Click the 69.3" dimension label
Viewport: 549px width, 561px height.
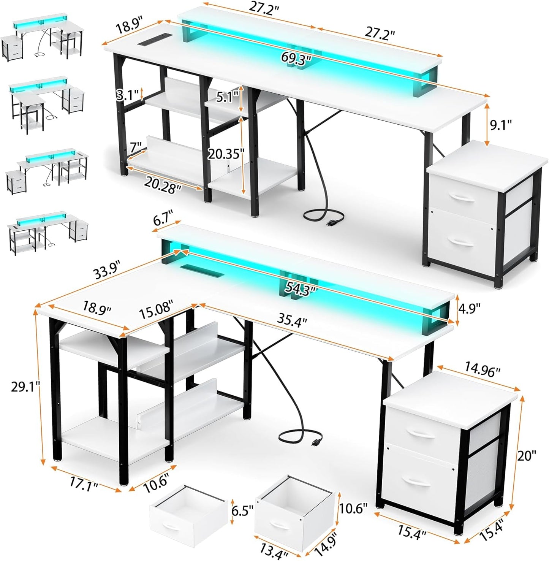click(297, 58)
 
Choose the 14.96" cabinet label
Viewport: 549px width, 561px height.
click(482, 370)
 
